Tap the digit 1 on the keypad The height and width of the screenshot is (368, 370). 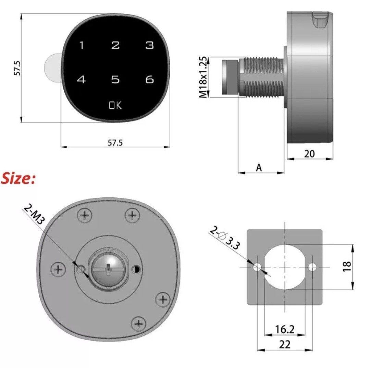82,45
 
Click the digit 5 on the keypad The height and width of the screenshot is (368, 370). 115,80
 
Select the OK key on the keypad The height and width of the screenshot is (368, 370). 115,105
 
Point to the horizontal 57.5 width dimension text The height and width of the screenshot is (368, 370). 115,143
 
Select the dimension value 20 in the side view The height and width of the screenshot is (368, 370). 309,154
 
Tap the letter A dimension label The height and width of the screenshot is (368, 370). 259,168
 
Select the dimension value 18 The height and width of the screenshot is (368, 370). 347,266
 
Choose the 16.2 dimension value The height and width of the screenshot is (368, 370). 285,330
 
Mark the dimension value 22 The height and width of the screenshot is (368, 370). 285,344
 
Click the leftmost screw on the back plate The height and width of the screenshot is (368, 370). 59,268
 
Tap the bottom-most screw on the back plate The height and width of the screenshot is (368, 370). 138,323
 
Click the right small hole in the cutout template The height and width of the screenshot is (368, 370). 312,267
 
